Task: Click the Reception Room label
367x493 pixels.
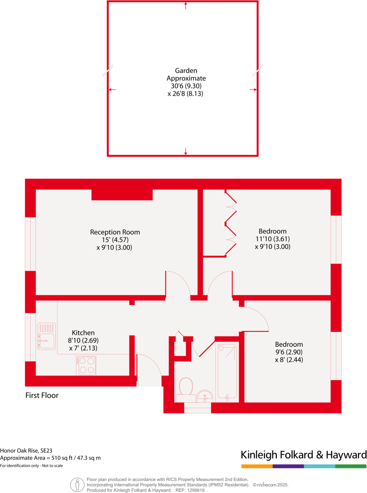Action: [x=115, y=232]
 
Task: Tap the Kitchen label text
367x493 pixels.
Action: [x=83, y=333]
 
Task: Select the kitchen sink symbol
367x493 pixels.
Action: [x=46, y=339]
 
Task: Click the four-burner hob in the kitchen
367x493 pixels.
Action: [x=86, y=365]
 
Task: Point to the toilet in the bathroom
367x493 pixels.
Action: [x=186, y=387]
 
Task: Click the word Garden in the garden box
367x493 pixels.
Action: [x=186, y=71]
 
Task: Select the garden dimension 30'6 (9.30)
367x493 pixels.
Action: [x=186, y=86]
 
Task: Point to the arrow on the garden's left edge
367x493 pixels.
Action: [x=112, y=89]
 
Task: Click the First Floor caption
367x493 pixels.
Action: [x=42, y=396]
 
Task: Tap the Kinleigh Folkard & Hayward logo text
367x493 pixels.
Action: [x=304, y=455]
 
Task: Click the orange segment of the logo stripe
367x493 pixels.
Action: [x=256, y=466]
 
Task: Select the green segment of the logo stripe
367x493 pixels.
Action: [x=351, y=466]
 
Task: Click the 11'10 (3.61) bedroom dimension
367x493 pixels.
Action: [x=272, y=239]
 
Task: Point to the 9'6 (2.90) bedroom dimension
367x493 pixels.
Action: [x=289, y=352]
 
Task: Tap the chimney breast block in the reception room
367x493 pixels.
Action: [x=122, y=194]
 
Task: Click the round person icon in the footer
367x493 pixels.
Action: [x=77, y=484]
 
